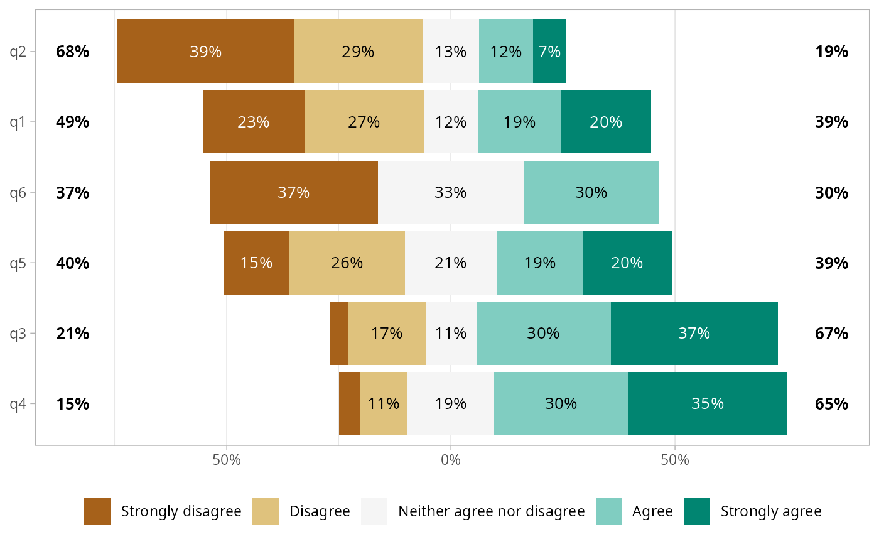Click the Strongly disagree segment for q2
(205, 52)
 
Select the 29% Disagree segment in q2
(358, 52)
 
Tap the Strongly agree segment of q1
(606, 122)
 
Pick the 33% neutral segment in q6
(451, 192)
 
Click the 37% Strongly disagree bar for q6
(294, 192)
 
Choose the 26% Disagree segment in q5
(347, 263)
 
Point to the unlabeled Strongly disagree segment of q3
(339, 333)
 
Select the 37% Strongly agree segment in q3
(694, 333)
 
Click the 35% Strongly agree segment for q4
(708, 403)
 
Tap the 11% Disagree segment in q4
(384, 403)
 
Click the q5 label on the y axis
(18, 263)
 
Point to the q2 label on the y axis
(18, 52)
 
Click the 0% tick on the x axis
(451, 460)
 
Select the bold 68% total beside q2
(72, 52)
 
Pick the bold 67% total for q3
(832, 333)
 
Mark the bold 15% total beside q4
(72, 403)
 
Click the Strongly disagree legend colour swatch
(97, 511)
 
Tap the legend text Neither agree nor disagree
(491, 511)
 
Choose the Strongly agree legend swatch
(697, 511)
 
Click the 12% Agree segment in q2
(506, 52)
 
